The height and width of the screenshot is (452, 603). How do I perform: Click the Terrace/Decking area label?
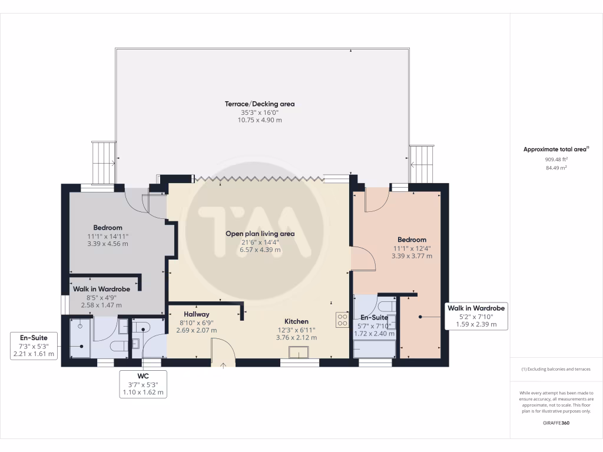260,104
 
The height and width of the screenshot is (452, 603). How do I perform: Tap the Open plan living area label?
260,234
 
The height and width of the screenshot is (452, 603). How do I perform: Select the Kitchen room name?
296,321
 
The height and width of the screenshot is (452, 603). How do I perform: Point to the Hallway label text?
196,314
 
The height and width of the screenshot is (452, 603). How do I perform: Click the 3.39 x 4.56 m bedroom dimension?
107,244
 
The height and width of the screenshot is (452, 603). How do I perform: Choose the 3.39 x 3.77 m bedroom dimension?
412,256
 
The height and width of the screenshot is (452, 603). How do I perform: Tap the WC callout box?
143,384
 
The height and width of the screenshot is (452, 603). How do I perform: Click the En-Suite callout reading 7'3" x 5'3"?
34,346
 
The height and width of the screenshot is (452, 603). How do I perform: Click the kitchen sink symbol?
298,352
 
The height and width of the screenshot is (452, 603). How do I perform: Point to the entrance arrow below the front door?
223,366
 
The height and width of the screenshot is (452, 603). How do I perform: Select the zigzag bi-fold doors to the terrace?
257,177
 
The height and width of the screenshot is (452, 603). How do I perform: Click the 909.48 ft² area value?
556,159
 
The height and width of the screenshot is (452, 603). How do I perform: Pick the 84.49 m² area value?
556,168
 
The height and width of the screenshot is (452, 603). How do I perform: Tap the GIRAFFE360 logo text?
556,423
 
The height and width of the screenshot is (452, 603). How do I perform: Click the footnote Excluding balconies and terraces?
556,369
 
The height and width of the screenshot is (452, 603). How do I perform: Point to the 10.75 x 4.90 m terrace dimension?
260,120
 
